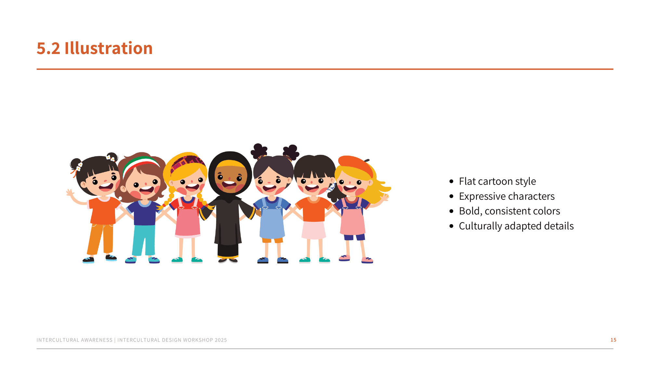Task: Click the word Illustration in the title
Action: pos(109,48)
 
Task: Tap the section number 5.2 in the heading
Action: pos(48,48)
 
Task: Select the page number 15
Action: pos(613,340)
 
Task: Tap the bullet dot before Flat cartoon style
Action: pos(451,182)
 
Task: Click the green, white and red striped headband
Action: pos(140,164)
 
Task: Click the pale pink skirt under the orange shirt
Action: pos(314,230)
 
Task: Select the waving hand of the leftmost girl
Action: pos(70,193)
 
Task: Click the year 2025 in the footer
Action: pos(221,340)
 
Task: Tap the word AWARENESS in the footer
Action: pos(97,340)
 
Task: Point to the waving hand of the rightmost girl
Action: pos(385,197)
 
